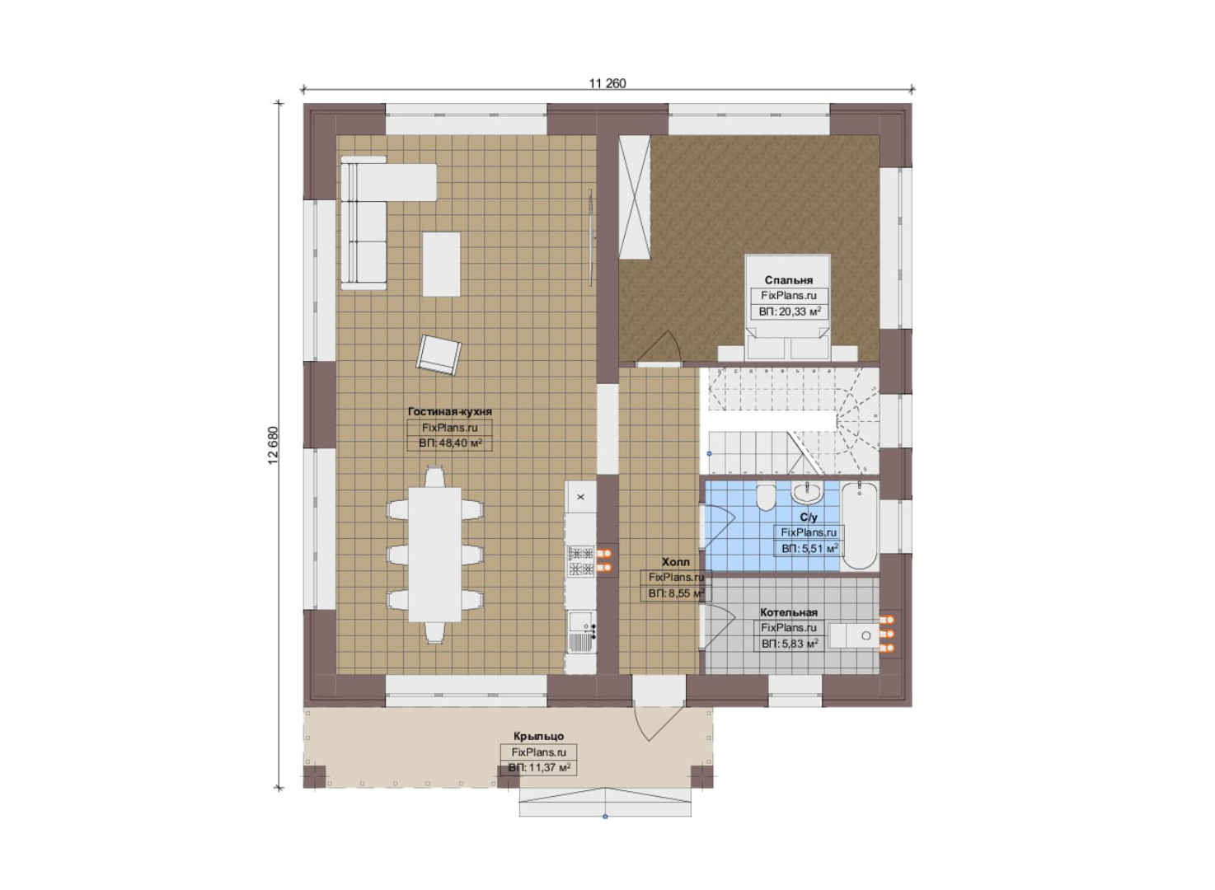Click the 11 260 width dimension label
(607, 83)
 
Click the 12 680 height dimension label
(273, 445)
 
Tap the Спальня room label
(789, 280)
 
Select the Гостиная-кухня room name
(450, 412)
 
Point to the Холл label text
(676, 562)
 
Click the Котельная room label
(789, 612)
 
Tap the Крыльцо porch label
(538, 736)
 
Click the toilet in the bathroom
(766, 498)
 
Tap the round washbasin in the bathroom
(807, 493)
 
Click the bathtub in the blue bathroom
(860, 526)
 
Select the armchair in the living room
(439, 354)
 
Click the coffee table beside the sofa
(442, 265)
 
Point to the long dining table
(434, 555)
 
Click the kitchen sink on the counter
(581, 632)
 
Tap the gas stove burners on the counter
(581, 561)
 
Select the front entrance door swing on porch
(656, 723)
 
